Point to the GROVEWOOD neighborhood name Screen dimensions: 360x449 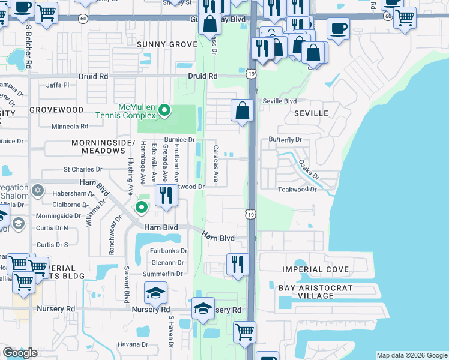[56, 110]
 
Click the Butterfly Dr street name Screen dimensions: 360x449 [285, 140]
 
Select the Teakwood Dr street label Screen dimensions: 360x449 [297, 189]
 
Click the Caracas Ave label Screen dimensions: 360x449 [215, 163]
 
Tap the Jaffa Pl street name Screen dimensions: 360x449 [58, 85]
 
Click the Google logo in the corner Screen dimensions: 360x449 [20, 353]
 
